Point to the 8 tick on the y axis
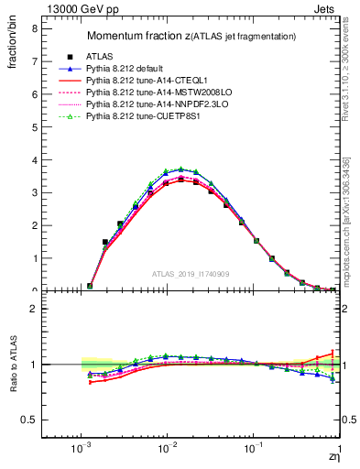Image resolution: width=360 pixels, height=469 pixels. coord(35,28)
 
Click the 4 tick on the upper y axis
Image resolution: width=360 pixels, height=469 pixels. coord(35,159)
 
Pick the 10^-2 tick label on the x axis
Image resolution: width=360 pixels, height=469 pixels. coord(167,451)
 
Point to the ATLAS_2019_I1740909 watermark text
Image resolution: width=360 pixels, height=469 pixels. coord(191,274)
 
